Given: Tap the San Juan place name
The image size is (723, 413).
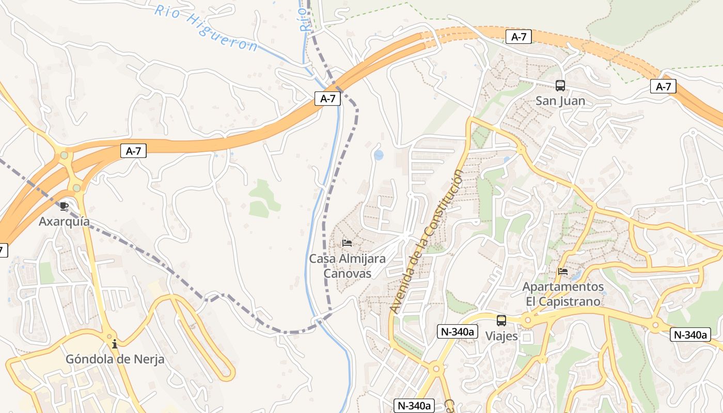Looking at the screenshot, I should pyautogui.click(x=560, y=101).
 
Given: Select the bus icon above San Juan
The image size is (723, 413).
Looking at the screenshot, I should pyautogui.click(x=560, y=86).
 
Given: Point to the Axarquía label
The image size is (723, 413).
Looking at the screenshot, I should pyautogui.click(x=64, y=221).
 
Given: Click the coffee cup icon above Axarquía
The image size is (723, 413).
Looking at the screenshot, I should pyautogui.click(x=64, y=206).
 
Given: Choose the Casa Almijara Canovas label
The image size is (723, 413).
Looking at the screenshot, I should pyautogui.click(x=347, y=266).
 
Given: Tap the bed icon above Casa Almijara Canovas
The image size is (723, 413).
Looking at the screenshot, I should pyautogui.click(x=347, y=243).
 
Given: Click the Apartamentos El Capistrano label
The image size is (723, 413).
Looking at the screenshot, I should pyautogui.click(x=563, y=294).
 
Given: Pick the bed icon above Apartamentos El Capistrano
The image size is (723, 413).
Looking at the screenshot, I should pyautogui.click(x=563, y=271).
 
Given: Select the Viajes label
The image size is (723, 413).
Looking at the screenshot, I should pyautogui.click(x=501, y=336).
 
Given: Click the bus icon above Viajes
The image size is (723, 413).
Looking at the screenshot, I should pyautogui.click(x=501, y=321).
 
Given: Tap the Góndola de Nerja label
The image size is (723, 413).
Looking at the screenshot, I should pyautogui.click(x=115, y=359).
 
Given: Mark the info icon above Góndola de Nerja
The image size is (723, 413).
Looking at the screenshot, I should pyautogui.click(x=115, y=344).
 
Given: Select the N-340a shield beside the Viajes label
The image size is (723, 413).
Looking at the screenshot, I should pyautogui.click(x=456, y=331).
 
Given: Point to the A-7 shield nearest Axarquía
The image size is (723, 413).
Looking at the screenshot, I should pyautogui.click(x=133, y=151).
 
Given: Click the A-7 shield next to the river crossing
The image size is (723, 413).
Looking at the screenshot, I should pyautogui.click(x=327, y=99).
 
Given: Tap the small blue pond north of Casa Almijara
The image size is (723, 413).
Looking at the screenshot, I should pyautogui.click(x=379, y=155).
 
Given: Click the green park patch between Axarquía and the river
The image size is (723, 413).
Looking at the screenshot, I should pyautogui.click(x=263, y=199).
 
